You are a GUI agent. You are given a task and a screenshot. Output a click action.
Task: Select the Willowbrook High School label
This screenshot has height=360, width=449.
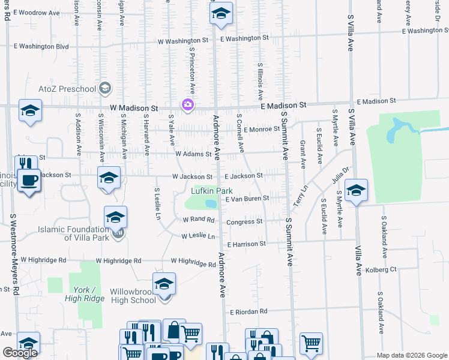pos(133,296)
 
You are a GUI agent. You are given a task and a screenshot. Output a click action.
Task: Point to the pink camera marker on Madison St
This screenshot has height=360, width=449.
pos(188,106)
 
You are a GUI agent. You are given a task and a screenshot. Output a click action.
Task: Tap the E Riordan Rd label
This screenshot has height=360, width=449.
pos(248,312)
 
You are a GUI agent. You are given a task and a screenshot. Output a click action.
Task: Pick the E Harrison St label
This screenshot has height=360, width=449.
pos(246,244)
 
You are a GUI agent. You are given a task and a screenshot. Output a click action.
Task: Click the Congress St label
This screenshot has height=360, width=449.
pos(244,221)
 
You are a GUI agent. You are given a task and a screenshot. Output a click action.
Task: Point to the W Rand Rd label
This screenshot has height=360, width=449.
pos(198,220)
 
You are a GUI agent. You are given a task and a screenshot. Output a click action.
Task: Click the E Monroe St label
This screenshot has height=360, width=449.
pos(262,128)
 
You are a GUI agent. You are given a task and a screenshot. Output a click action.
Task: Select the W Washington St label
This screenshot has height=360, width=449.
pos(183,41)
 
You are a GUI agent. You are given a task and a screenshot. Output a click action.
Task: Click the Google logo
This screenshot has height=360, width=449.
pos(20,352)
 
